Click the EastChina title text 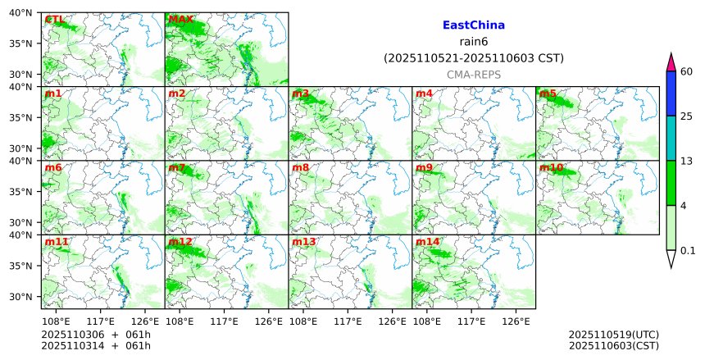tap(473, 25)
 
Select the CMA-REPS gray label tap(473, 75)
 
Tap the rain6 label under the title tap(473, 42)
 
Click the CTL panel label tap(54, 20)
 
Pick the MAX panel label tap(180, 20)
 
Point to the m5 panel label tap(547, 93)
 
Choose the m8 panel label tap(300, 168)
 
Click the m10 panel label tap(550, 168)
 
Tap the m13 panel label tap(303, 243)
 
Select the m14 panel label tap(427, 243)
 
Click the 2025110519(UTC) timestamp tap(613, 335)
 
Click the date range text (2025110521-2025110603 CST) tap(473, 58)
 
